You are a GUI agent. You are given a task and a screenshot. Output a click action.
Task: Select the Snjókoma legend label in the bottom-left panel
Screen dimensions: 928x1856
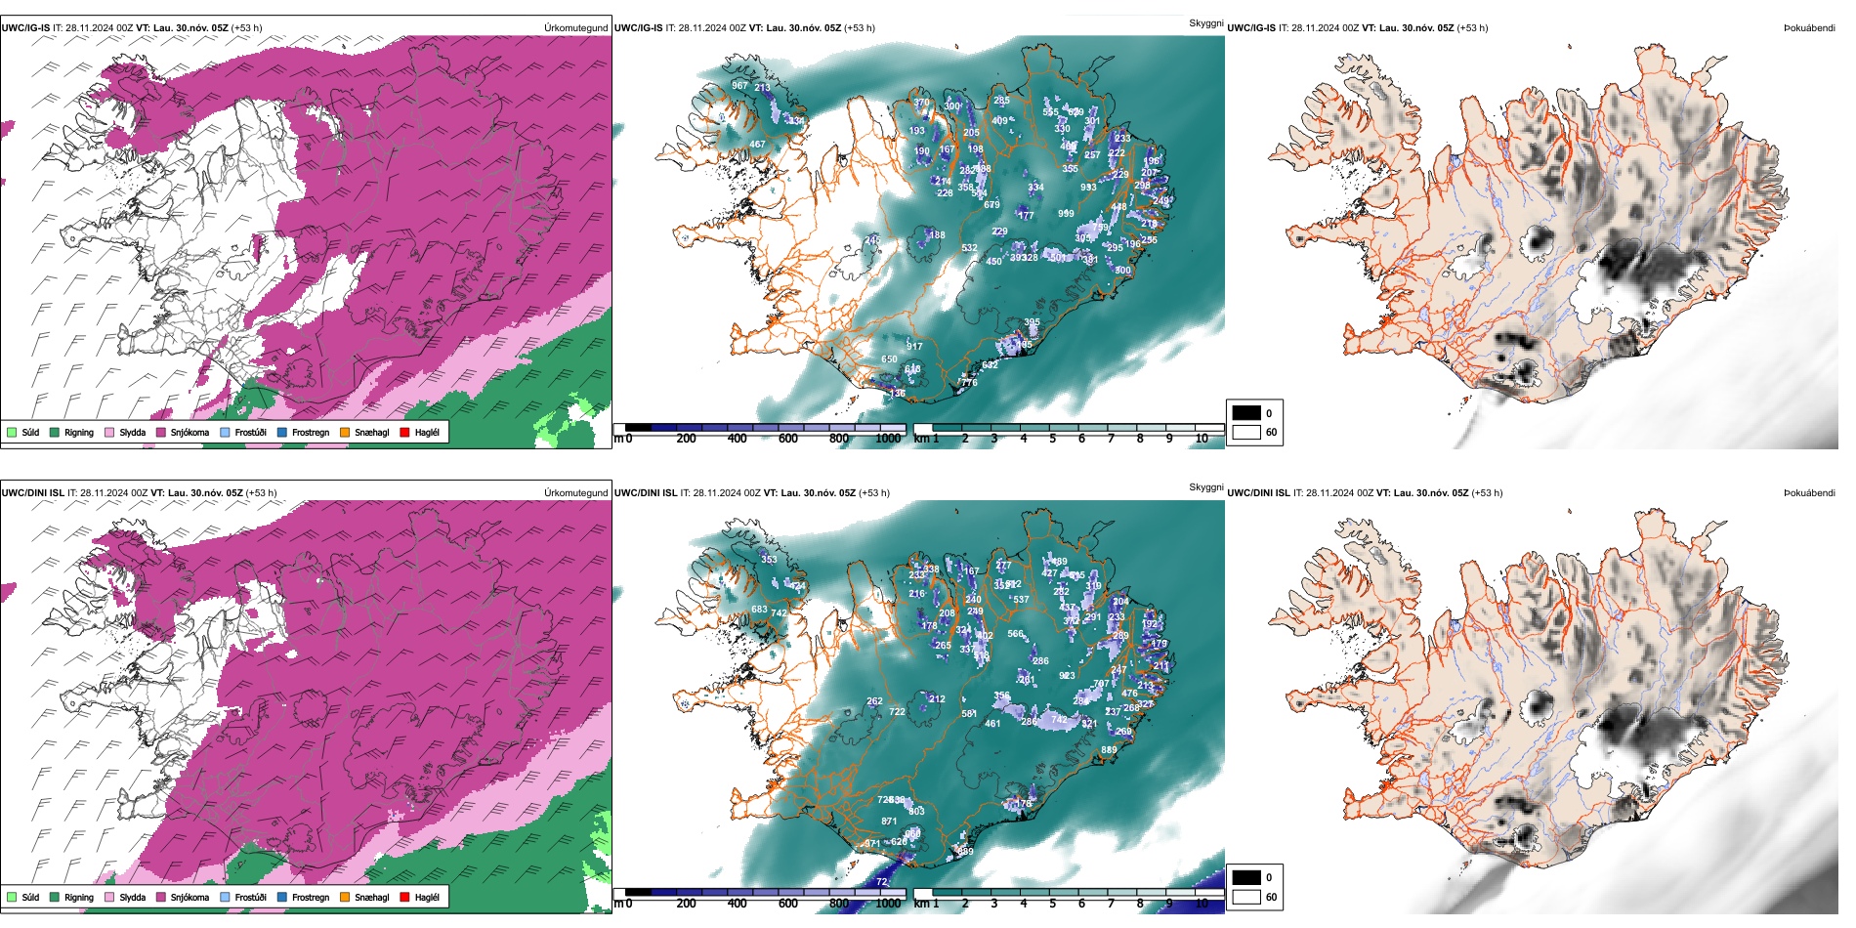[x=190, y=897]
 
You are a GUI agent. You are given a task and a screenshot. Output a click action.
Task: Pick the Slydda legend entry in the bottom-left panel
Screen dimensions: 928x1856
[x=132, y=897]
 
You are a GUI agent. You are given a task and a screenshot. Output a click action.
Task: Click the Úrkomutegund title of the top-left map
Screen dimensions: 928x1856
[x=575, y=28]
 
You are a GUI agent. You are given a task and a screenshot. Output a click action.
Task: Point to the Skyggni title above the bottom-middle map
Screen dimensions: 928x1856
[x=1205, y=486]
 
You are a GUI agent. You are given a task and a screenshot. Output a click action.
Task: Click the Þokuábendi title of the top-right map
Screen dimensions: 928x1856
[x=1809, y=28]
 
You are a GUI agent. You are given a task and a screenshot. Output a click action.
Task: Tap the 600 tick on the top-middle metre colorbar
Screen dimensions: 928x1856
[x=788, y=439]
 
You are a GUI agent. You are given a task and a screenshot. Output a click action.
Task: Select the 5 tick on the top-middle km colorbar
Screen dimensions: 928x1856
[x=1053, y=439]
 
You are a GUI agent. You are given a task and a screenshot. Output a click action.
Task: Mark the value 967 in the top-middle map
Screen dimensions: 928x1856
[x=739, y=86]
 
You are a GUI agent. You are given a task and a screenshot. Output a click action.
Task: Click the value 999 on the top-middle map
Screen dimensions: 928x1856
[x=1066, y=214]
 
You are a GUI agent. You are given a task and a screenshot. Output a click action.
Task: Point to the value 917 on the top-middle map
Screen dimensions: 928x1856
[x=914, y=347]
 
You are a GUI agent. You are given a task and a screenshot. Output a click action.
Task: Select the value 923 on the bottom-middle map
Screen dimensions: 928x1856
[x=1067, y=676]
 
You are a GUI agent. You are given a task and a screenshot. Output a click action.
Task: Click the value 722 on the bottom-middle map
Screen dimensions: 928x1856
[x=897, y=712]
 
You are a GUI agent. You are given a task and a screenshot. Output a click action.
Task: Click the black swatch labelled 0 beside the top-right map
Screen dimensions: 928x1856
[x=1245, y=413]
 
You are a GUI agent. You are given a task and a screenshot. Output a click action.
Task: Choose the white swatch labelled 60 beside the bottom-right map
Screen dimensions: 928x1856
[x=1245, y=897]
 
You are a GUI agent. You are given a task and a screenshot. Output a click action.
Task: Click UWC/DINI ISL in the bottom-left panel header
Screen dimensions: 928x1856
[x=32, y=493]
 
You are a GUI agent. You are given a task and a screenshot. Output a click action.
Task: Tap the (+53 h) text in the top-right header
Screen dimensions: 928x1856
[x=1472, y=28]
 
